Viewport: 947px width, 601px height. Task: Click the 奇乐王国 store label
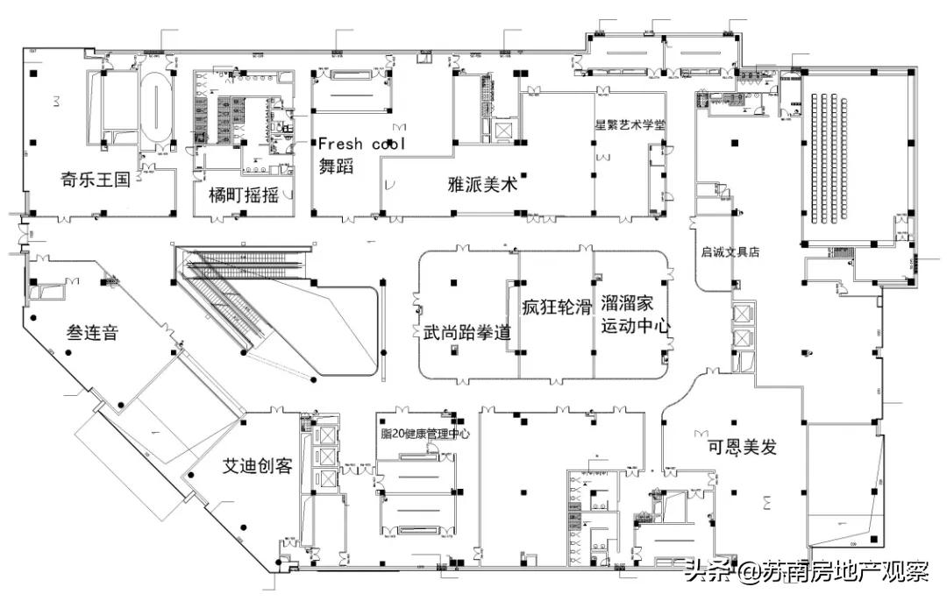95,180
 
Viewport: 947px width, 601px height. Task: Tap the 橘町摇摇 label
243,194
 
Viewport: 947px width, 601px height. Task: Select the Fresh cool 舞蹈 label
360,154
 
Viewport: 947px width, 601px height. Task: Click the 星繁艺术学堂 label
630,124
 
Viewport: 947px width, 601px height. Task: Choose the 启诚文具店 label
730,251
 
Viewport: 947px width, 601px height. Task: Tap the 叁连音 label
92,333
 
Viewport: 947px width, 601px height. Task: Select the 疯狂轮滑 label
556,308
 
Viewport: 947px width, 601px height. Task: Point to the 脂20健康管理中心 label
425,434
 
